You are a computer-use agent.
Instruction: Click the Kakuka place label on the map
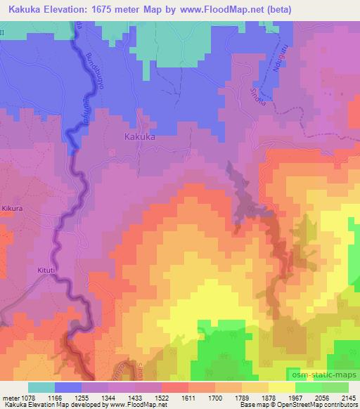pos(140,138)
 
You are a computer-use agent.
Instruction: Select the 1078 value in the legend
pos(28,397)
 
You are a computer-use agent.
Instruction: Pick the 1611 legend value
pos(188,397)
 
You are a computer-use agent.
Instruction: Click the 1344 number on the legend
pos(108,397)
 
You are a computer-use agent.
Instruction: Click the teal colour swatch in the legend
pos(41,387)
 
